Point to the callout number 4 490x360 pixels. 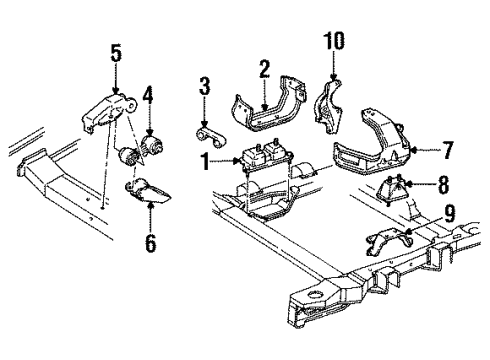(147, 97)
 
